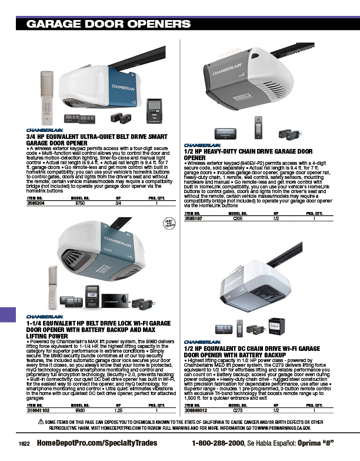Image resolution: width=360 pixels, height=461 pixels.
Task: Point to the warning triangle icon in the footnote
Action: click(x=41, y=423)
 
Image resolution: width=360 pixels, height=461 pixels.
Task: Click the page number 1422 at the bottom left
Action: click(x=24, y=443)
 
